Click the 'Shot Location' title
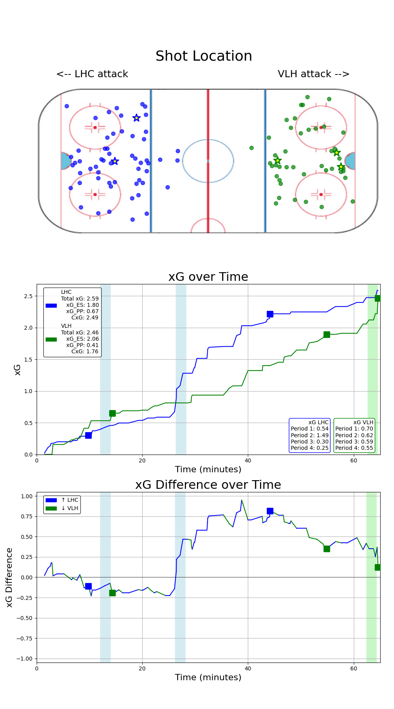tap(204, 56)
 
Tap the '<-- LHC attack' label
tap(92, 74)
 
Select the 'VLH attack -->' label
tap(314, 74)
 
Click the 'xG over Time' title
tap(208, 277)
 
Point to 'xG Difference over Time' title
tap(208, 485)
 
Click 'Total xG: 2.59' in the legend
tap(80, 299)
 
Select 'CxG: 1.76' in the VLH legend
tap(85, 351)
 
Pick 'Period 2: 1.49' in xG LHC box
tap(309, 435)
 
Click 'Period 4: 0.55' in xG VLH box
tap(354, 448)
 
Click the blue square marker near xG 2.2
tap(270, 314)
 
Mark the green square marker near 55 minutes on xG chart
tap(327, 334)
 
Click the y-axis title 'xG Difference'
tap(9, 577)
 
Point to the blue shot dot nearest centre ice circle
tap(178, 151)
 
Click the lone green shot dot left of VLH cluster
tap(251, 148)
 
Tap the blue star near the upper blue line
tap(136, 118)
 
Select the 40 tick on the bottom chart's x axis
tap(248, 668)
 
